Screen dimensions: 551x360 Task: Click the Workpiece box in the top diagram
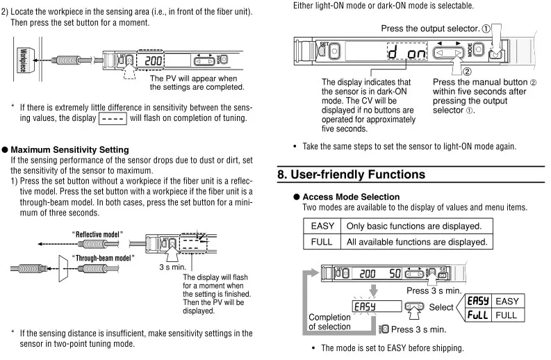pyautogui.click(x=25, y=60)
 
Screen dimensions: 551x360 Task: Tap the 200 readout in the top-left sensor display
pyautogui.click(x=153, y=61)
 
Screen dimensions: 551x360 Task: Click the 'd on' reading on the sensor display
pyautogui.click(x=407, y=52)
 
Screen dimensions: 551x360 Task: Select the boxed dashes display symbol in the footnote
pyautogui.click(x=113, y=118)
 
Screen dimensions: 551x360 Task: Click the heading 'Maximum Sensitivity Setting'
pyautogui.click(x=69, y=149)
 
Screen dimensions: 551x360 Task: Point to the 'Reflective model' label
pyautogui.click(x=97, y=234)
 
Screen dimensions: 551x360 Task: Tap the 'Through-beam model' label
pyautogui.click(x=103, y=258)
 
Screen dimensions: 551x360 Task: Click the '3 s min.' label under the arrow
pyautogui.click(x=172, y=267)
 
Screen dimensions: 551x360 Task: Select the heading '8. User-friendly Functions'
pyautogui.click(x=351, y=174)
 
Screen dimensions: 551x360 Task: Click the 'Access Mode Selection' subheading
pyautogui.click(x=351, y=197)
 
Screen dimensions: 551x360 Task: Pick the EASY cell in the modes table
pyautogui.click(x=322, y=226)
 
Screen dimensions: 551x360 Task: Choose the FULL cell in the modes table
pyautogui.click(x=322, y=242)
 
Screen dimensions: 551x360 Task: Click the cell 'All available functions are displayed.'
pyautogui.click(x=417, y=242)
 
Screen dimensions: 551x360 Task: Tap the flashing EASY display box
pyautogui.click(x=377, y=306)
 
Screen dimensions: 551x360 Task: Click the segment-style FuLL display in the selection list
pyautogui.click(x=478, y=315)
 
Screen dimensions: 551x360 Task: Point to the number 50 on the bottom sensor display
pyautogui.click(x=395, y=274)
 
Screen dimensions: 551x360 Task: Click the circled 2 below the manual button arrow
pyautogui.click(x=467, y=72)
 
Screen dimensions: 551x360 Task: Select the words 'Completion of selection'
pyautogui.click(x=329, y=322)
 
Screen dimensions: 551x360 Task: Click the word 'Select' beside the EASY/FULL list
pyautogui.click(x=441, y=307)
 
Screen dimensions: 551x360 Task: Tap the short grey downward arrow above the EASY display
pyautogui.click(x=374, y=291)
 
